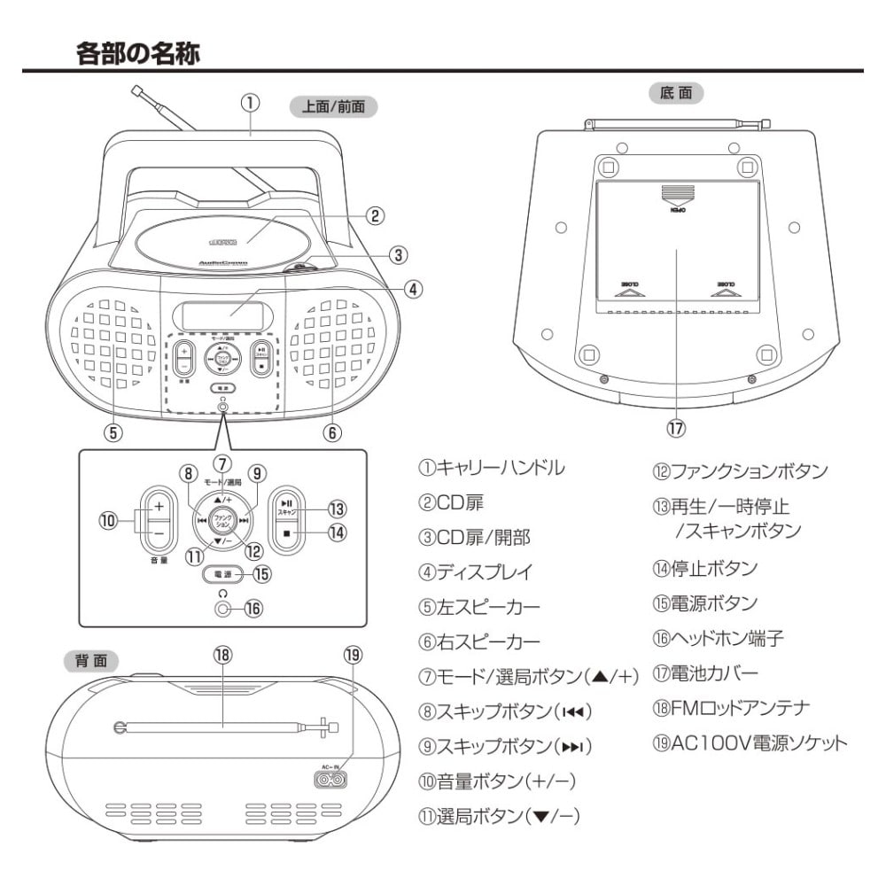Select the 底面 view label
coord(676,91)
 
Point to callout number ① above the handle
coord(251,103)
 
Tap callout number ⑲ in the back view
coord(353,654)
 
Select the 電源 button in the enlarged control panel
coord(221,574)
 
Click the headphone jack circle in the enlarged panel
coord(221,609)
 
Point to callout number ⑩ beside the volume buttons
coord(109,521)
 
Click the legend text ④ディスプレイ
coord(476,571)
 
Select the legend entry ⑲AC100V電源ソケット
coord(749,742)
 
